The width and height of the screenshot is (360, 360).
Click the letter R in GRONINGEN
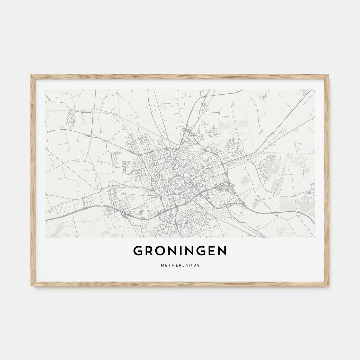[149, 251]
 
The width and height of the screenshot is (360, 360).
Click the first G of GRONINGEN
[138, 251]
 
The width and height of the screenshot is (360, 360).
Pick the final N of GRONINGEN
[222, 251]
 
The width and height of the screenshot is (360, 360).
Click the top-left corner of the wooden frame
[31, 75]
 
